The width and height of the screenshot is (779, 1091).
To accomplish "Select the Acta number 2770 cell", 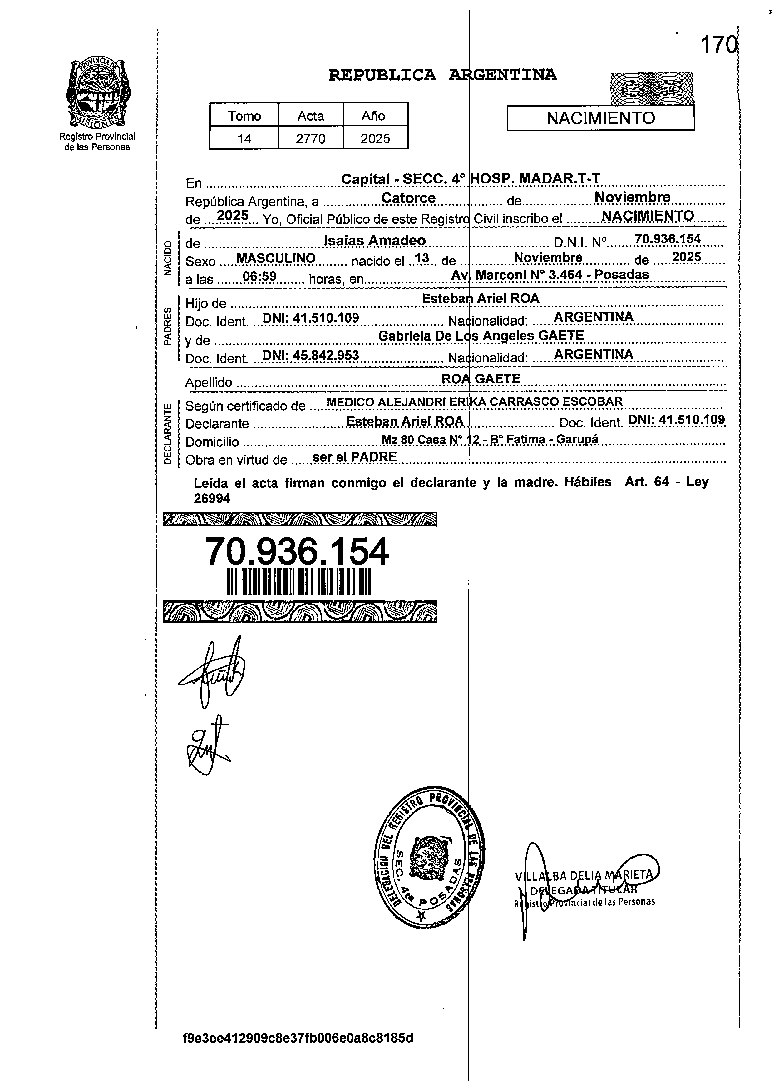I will point(310,139).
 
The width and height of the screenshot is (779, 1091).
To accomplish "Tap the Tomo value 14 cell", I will point(244,139).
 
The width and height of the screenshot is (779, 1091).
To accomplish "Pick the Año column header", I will point(374,116).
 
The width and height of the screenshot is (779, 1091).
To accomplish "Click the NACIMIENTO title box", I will point(600,118).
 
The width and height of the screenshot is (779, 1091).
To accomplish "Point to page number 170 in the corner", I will point(717,46).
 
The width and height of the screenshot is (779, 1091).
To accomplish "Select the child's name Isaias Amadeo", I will point(375,240).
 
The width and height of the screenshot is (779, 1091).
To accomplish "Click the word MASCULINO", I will point(276,258).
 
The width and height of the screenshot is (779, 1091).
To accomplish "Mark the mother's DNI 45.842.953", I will point(311,355).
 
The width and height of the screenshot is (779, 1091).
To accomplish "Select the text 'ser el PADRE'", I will point(354,457).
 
